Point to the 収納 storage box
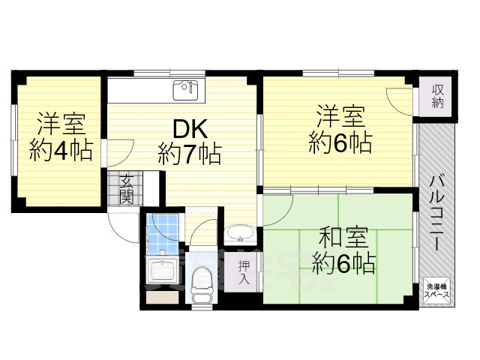coord(437,95)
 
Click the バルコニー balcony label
coord(437,204)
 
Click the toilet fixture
coord(201,284)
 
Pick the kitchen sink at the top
coord(185,91)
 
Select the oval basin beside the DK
coord(239,233)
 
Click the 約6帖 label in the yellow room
coord(340,142)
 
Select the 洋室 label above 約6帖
coord(340,117)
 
